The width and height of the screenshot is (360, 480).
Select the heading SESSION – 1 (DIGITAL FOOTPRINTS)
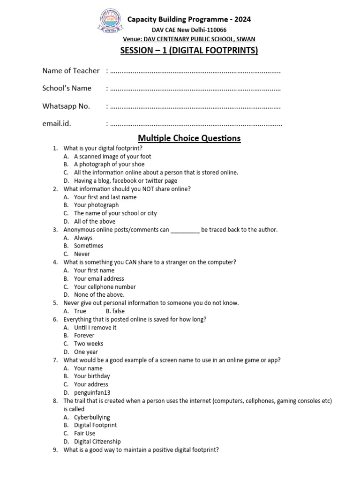[x=188, y=50]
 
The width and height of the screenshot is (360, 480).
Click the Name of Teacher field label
[x=71, y=71]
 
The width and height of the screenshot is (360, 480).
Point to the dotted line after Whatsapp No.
[x=194, y=106]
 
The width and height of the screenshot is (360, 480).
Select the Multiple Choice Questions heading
[x=189, y=138]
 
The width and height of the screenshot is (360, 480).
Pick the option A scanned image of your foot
[x=112, y=157]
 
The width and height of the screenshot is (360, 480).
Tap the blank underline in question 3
[x=185, y=230]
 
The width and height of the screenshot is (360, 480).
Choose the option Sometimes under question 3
[x=89, y=246]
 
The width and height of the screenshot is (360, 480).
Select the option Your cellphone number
[x=105, y=287]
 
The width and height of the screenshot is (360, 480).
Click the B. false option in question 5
[x=115, y=311]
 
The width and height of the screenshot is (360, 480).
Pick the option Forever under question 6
[x=84, y=336]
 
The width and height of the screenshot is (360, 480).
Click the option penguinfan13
[x=92, y=393]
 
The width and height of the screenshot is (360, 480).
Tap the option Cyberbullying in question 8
[x=92, y=417]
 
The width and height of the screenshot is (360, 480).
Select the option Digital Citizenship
[x=97, y=442]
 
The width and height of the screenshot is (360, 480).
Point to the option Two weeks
[x=89, y=344]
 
